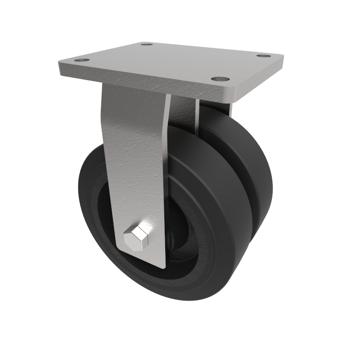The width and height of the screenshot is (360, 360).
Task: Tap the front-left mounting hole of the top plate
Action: pos(82,60)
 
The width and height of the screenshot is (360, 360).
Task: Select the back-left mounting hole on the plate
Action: pos(146,44)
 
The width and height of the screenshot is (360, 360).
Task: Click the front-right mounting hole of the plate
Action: pos(219,79)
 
